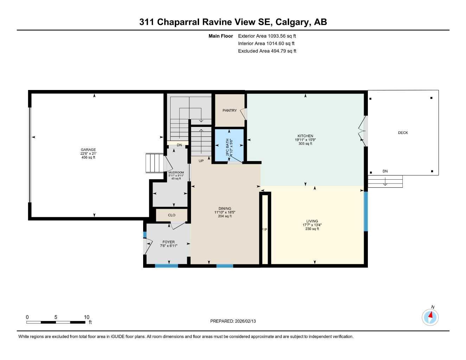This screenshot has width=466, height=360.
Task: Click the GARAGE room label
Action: coord(88,150)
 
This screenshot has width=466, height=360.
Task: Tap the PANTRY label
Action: coord(230,110)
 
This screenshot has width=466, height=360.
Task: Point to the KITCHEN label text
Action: coord(305,136)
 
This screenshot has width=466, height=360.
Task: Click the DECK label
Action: coord(403,133)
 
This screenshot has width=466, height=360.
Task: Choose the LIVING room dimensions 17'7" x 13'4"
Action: coord(312,225)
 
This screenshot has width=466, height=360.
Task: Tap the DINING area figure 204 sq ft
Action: coord(225,216)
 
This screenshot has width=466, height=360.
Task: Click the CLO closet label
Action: coord(172,215)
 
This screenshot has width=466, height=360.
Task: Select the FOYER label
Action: coord(168,242)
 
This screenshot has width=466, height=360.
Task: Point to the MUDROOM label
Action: coord(176,173)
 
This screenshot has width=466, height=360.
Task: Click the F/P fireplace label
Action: coord(264,230)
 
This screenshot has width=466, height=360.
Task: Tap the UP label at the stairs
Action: coord(201,161)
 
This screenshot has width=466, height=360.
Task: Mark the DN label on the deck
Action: coord(385,171)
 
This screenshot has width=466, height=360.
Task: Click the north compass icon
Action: coord(430,317)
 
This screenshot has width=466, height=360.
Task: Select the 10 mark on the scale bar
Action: coord(87,317)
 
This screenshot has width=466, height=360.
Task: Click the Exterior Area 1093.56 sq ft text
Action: coord(267,36)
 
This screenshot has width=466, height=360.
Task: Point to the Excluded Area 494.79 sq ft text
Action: coord(267,51)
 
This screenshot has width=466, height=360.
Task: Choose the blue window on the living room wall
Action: coord(366,211)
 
